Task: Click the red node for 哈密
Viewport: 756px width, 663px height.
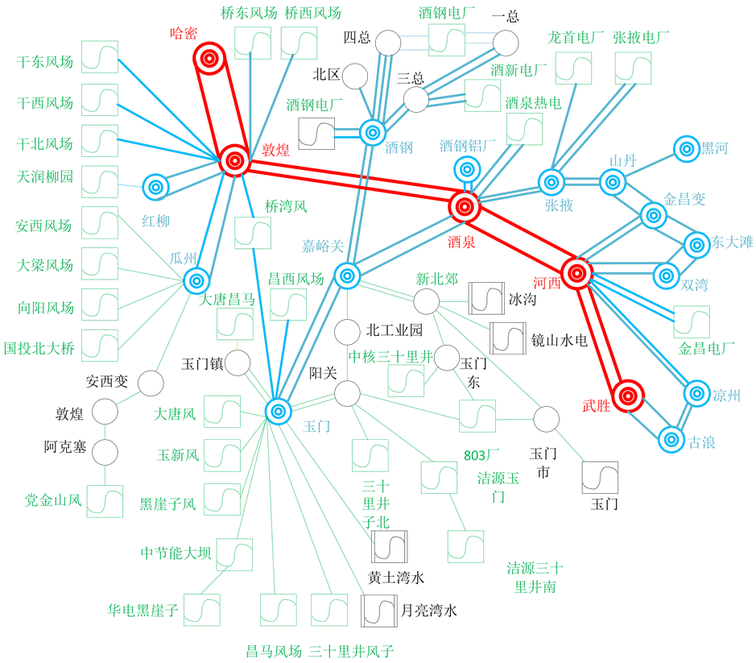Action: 209,58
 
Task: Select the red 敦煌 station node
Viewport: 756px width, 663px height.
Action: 235,160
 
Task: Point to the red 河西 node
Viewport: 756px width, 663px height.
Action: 576,273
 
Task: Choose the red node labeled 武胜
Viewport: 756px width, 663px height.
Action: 628,396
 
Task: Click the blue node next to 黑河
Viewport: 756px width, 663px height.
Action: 687,148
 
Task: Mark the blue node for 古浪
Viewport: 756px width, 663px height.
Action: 671,440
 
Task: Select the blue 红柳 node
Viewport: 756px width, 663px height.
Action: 155,187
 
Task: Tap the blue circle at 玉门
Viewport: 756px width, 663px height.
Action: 278,411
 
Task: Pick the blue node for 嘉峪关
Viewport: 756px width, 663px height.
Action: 347,276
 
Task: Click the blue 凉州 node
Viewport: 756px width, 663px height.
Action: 697,393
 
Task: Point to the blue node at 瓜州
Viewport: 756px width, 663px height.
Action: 196,280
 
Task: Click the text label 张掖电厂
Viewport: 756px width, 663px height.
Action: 642,38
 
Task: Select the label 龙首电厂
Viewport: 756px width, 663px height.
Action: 576,38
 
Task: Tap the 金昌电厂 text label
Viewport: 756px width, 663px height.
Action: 706,349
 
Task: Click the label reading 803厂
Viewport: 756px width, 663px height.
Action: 481,455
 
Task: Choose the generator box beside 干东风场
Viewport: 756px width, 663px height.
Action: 100,57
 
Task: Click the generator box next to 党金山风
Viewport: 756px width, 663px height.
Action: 105,501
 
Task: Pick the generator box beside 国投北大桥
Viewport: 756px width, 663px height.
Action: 100,346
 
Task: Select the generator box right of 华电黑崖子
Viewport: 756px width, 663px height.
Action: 202,610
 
